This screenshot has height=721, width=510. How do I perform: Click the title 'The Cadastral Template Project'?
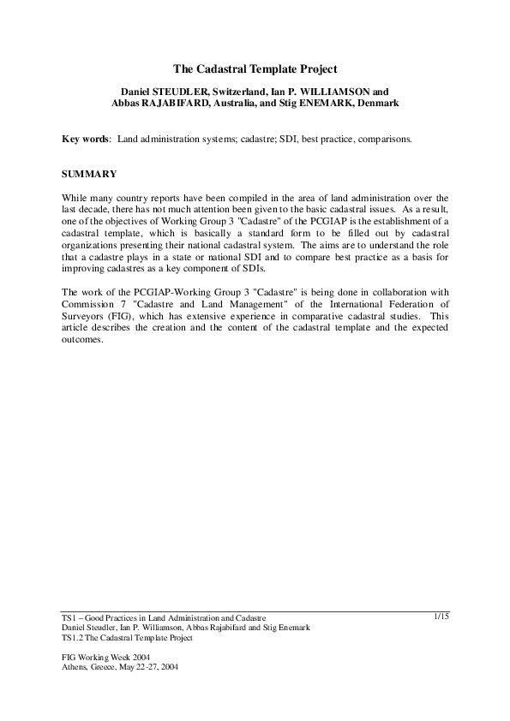[x=255, y=69]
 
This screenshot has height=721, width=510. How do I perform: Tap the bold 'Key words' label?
[x=86, y=138]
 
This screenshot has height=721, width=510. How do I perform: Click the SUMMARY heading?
[x=89, y=174]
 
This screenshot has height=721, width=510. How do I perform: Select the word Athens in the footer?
[x=75, y=666]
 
